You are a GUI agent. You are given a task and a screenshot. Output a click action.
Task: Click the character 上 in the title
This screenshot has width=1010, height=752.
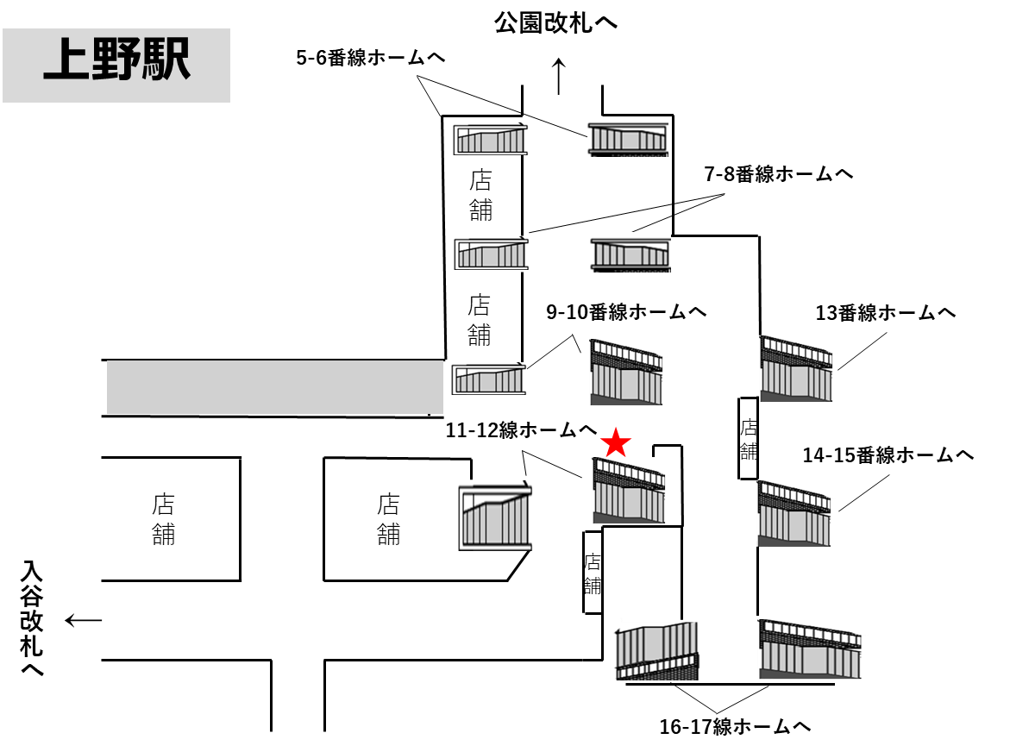coord(66,60)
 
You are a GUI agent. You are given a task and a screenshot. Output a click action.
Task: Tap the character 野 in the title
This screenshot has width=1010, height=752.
coord(116,60)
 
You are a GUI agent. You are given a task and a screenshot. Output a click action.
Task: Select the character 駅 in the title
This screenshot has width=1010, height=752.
coord(165,60)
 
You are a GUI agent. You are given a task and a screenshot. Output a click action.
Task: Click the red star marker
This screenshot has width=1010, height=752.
coord(616,442)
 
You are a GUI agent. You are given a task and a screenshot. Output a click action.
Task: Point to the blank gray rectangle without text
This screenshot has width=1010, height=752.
coord(274,387)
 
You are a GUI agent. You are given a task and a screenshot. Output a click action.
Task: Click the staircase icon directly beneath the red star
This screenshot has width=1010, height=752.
coord(630,490)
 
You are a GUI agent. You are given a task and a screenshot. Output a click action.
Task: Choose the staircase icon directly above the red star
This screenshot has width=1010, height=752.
coord(628,372)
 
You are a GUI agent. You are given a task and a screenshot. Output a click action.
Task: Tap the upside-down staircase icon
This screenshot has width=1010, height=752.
coord(655,649)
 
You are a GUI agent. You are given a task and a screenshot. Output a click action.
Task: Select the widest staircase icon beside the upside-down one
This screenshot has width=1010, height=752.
coord(812,649)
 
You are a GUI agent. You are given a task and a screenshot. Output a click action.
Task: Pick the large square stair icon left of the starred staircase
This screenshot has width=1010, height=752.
coord(493,515)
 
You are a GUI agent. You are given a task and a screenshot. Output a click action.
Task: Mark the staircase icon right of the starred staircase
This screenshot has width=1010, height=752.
coord(795,513)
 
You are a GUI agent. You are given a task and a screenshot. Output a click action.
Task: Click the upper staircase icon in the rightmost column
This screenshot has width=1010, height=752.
coord(798,368)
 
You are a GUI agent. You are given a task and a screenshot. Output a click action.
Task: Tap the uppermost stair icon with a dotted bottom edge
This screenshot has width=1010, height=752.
coord(628,136)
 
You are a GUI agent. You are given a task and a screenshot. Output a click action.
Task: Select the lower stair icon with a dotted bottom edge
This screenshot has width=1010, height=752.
coord(630,252)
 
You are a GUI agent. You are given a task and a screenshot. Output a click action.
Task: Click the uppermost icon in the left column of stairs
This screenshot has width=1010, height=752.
coord(489,138)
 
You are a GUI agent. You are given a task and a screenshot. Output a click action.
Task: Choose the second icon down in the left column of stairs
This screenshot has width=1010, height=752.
coord(490,253)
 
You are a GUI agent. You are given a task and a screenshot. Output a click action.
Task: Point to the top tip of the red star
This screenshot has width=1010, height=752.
coord(616,426)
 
